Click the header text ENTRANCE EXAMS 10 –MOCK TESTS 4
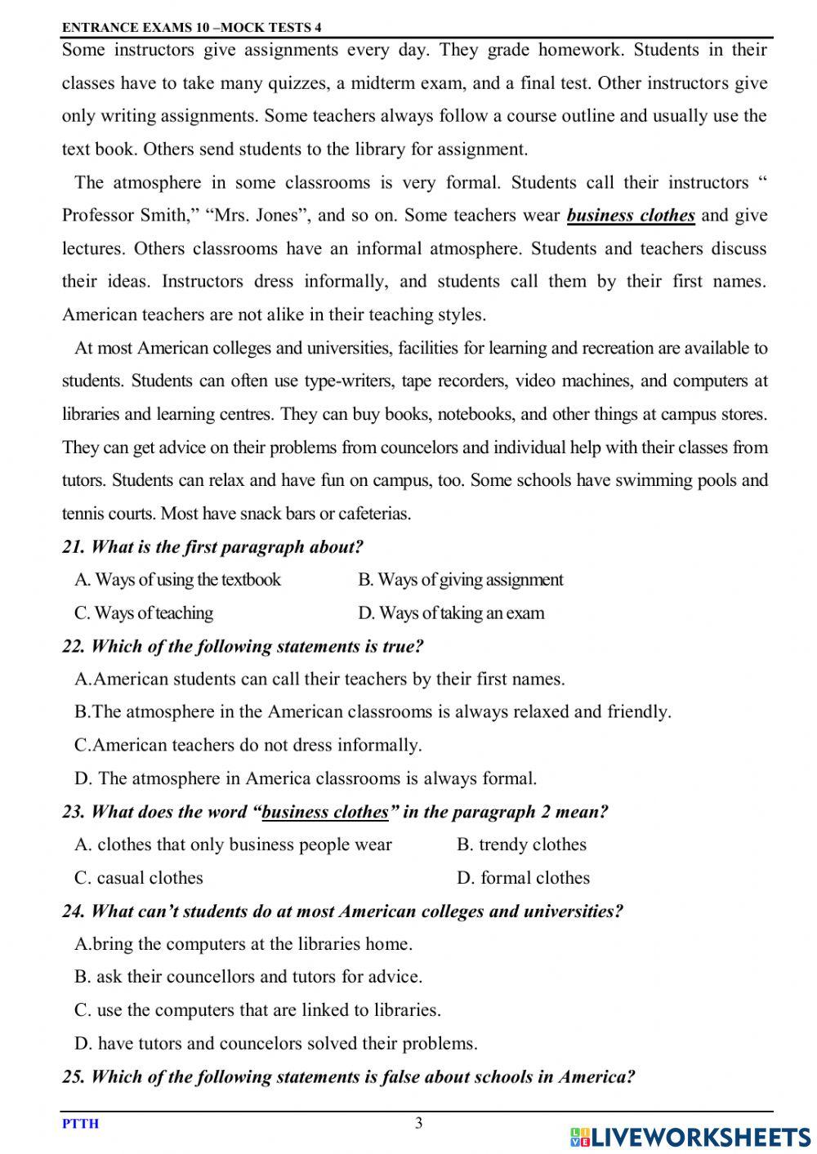192,27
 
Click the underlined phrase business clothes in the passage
631,216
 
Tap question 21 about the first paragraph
212,546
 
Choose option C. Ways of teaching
144,613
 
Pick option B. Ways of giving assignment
460,580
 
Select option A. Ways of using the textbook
177,580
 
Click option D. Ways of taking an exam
451,613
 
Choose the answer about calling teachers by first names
319,679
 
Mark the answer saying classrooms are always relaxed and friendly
373,711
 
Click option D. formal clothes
523,878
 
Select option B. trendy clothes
521,844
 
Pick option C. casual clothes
139,878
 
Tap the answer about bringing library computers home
243,944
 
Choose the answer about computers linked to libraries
257,1010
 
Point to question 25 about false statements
348,1076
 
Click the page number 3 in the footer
419,1123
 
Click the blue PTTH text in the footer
80,1124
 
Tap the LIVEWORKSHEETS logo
690,1136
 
